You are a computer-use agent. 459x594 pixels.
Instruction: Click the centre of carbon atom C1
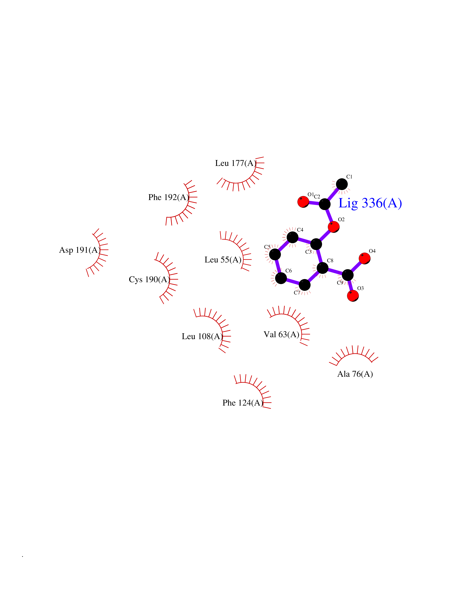pos(342,184)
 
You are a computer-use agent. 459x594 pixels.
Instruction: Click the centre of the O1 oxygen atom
pos(303,202)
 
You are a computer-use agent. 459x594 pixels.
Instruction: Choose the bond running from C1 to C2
pos(333,194)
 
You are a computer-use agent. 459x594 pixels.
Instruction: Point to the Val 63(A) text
pos(281,334)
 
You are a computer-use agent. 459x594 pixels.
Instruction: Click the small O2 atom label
pos(341,219)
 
